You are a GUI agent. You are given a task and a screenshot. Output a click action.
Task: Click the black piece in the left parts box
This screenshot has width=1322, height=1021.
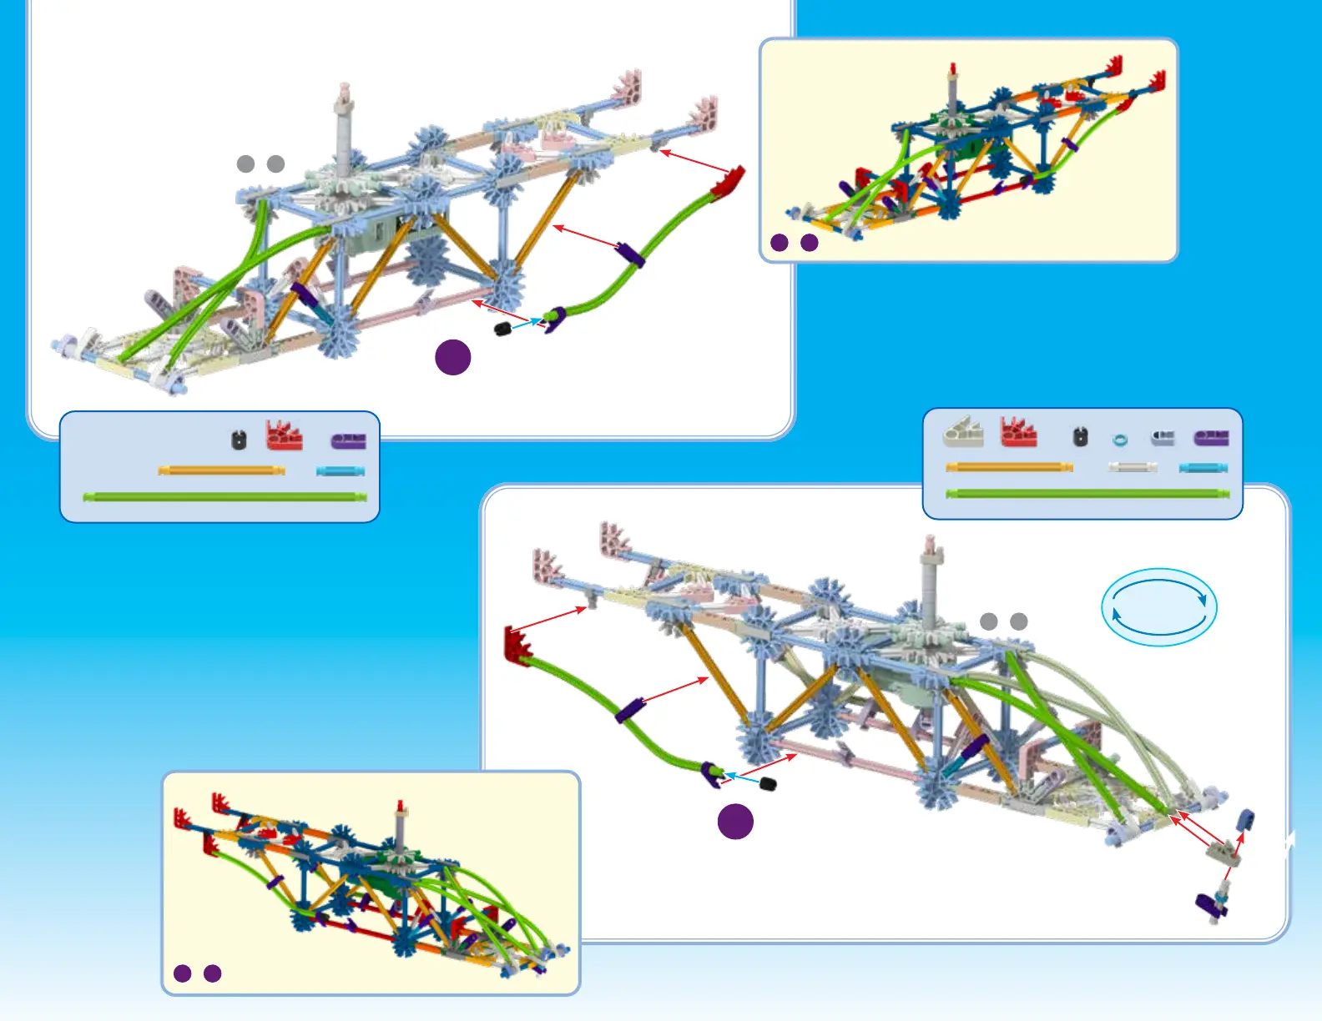(239, 439)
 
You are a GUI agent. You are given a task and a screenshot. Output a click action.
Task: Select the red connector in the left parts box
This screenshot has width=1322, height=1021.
(284, 435)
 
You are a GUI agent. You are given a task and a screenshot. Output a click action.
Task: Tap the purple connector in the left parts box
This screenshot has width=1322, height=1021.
(348, 440)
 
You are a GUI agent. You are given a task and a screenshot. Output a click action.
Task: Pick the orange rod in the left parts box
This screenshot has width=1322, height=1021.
(221, 470)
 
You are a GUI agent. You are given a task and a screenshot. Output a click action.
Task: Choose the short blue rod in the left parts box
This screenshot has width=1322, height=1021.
(341, 471)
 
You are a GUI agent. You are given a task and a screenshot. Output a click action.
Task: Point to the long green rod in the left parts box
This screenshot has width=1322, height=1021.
(225, 497)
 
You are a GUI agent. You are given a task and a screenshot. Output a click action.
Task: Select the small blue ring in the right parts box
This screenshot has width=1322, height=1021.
(1120, 440)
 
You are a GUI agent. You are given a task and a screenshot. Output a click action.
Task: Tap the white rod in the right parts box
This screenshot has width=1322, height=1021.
(1133, 467)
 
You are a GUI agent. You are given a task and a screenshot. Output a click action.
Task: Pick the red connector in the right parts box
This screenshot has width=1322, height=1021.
(1018, 432)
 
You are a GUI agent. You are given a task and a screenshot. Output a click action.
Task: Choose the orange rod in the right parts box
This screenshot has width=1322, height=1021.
(1009, 467)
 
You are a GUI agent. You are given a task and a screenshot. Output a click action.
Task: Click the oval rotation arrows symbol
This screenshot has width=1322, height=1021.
(1158, 607)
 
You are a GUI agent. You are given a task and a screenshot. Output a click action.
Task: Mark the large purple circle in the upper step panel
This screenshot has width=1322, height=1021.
(453, 357)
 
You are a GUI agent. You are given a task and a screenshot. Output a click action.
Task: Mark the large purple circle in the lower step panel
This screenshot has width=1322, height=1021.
(735, 822)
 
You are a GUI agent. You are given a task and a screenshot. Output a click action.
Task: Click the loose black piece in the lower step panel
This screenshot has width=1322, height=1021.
(768, 784)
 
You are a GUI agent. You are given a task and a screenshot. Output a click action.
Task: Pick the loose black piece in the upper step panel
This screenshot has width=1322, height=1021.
(502, 329)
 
